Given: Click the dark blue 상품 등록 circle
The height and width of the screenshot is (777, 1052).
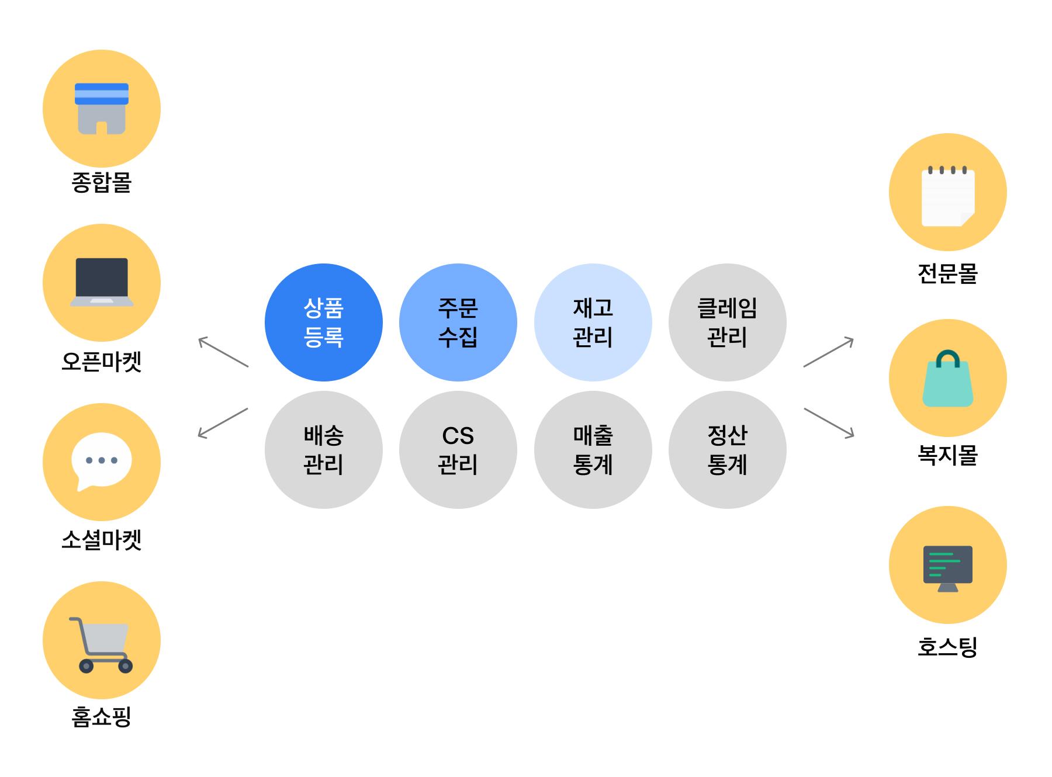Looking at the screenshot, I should click(323, 322).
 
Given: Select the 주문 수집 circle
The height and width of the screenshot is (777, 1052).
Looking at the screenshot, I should click(458, 322).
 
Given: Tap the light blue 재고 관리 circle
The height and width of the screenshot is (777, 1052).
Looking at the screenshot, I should click(593, 322).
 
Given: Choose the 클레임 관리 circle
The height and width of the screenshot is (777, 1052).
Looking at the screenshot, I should click(727, 322).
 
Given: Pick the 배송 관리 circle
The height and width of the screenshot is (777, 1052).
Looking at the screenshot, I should click(323, 450).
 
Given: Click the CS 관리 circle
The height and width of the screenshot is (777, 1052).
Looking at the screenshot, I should click(458, 450).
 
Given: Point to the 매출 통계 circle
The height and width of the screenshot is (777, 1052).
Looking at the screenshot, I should click(593, 450).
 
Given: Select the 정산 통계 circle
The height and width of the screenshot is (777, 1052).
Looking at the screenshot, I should click(727, 450).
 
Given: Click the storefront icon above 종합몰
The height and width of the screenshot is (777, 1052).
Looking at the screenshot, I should click(102, 109).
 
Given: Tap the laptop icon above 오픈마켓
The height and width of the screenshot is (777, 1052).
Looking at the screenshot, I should click(102, 282).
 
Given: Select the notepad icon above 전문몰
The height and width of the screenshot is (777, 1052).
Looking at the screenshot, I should click(947, 196).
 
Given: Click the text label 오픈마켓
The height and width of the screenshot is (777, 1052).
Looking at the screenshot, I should click(102, 362).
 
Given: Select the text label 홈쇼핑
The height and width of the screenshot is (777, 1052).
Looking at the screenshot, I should click(102, 717).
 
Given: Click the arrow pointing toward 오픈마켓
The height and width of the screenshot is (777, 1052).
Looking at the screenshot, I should click(223, 352).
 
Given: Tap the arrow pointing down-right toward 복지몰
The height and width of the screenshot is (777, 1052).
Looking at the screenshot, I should click(829, 422).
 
